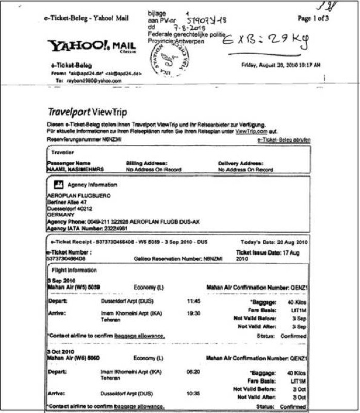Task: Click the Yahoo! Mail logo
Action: [92, 46]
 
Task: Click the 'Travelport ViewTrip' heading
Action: [87, 112]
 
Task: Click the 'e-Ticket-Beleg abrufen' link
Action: [283, 140]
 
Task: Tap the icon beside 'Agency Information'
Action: [59, 184]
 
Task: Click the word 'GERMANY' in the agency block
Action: [61, 214]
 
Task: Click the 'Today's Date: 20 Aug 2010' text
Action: [274, 242]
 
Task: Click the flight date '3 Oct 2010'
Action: [59, 351]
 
